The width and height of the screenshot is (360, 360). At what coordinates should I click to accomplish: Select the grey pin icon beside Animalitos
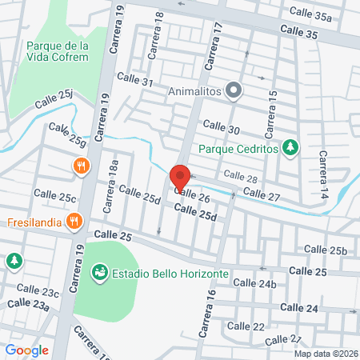click(x=234, y=90)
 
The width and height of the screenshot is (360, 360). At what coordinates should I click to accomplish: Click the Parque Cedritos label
click(x=238, y=148)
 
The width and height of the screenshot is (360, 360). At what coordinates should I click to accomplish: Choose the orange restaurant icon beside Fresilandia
click(x=74, y=221)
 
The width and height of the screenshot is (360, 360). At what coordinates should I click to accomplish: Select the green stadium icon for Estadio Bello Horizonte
click(x=100, y=274)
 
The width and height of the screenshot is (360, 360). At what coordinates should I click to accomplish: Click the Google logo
click(x=26, y=350)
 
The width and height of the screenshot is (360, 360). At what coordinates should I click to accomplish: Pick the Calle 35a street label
click(x=311, y=16)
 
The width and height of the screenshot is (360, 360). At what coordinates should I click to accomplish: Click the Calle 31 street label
click(x=134, y=81)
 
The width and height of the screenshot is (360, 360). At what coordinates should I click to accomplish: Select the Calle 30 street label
click(x=222, y=127)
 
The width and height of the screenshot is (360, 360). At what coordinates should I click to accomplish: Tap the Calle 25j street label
click(x=54, y=102)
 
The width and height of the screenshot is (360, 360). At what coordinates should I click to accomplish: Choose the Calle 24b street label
click(x=255, y=284)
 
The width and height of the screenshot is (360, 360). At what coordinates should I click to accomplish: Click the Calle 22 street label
click(x=246, y=326)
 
